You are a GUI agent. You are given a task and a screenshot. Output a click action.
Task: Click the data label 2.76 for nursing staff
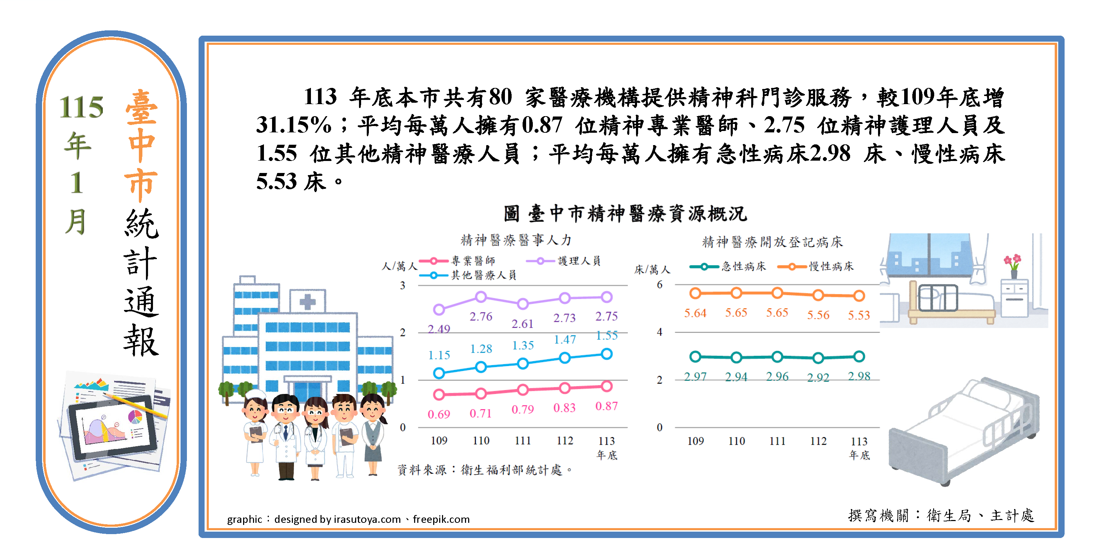(x=481, y=316)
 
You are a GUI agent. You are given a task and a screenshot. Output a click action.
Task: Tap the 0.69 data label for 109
(x=438, y=414)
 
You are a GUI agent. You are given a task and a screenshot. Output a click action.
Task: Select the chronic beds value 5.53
(x=859, y=315)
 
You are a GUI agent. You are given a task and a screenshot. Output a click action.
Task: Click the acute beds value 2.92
(x=818, y=377)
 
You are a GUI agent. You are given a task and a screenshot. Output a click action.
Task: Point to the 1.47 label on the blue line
(x=565, y=340)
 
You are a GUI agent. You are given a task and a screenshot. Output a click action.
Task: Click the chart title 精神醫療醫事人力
(x=516, y=240)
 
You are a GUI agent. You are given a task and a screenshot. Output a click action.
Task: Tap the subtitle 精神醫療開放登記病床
(x=772, y=242)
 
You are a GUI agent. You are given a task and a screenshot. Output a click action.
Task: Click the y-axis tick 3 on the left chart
(x=403, y=285)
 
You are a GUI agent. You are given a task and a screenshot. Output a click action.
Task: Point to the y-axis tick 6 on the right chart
(x=659, y=285)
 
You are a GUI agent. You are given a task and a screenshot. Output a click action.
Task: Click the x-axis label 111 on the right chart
(x=777, y=441)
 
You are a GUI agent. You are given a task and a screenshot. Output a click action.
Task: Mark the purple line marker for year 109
(x=439, y=309)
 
